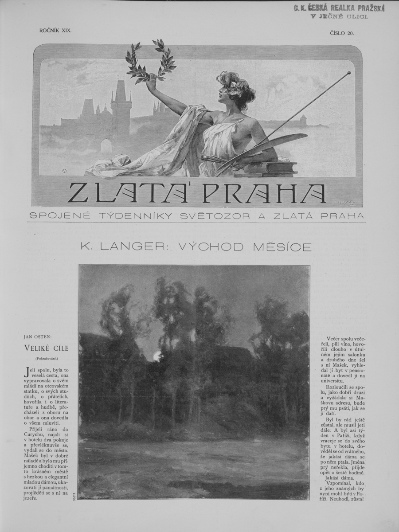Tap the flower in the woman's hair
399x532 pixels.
pos(232,86)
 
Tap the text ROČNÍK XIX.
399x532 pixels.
pos(55,31)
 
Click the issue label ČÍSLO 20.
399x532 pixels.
pos(342,32)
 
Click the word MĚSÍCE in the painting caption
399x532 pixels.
pos(282,247)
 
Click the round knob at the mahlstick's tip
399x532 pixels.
pos(349,72)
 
